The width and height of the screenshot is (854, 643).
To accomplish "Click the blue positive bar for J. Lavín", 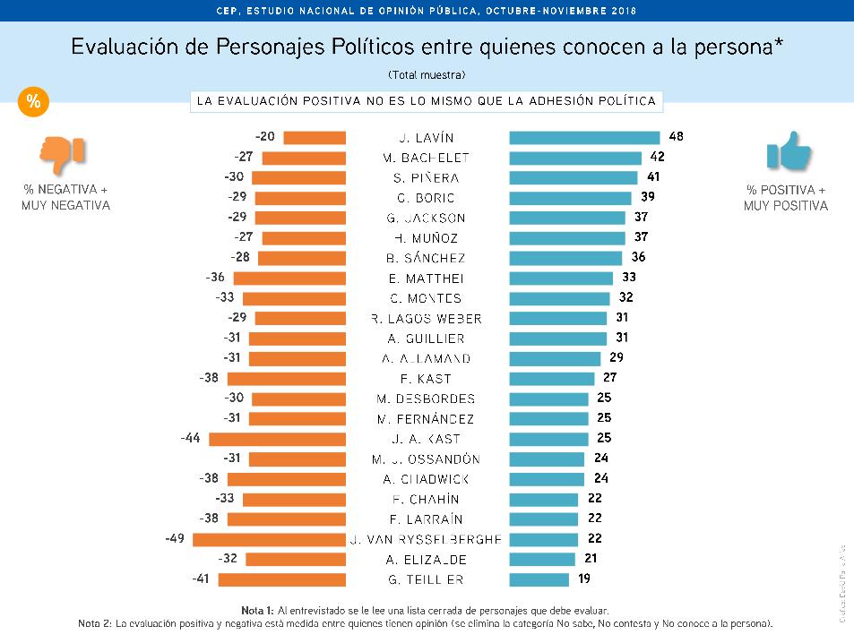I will [584, 137].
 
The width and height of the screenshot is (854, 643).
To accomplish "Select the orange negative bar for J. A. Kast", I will [277, 439].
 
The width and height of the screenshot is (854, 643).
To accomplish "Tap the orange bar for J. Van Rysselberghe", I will [269, 539].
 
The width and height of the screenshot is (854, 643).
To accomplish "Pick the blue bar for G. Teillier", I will [539, 579].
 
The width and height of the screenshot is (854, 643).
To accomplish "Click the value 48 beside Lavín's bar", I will [676, 137].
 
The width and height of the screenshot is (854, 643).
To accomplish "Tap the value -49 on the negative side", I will [175, 539].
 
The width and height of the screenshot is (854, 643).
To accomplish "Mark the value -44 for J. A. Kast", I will [191, 439].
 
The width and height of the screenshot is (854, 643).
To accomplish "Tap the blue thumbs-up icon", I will [788, 151].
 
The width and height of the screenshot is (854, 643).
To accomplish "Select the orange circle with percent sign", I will [33, 102].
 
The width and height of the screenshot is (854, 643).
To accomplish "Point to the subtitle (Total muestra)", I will [427, 73].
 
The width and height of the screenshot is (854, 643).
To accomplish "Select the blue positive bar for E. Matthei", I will [560, 278].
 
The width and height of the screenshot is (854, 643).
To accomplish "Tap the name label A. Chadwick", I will [427, 479].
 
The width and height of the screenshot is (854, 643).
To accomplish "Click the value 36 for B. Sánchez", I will [639, 257].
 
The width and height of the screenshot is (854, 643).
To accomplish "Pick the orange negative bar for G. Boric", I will [300, 197].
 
